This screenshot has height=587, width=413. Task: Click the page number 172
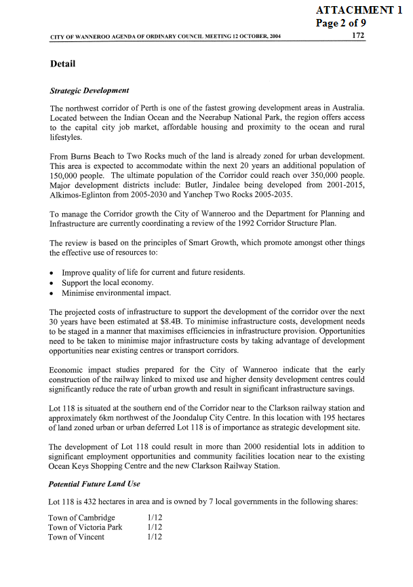tap(359, 35)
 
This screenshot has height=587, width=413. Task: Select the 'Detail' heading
tap(62, 64)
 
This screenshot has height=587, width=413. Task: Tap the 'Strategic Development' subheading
tap(90, 90)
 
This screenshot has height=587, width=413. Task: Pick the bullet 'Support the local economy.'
tap(107, 282)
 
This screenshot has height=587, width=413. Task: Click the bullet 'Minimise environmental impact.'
tap(117, 292)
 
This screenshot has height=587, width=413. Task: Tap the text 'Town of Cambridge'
tap(82, 518)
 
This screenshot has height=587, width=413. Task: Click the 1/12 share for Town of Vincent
tap(155, 537)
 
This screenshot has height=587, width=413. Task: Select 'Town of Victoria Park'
tap(85, 527)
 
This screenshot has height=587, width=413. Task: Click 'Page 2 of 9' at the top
tap(341, 22)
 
